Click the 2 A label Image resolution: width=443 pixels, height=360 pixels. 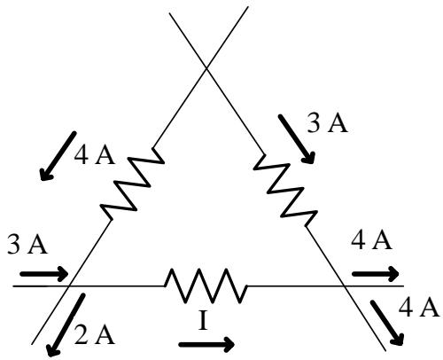pyautogui.click(x=94, y=334)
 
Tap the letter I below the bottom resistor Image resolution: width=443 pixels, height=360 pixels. pyautogui.click(x=203, y=321)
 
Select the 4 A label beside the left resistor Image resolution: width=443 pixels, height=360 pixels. pyautogui.click(x=94, y=155)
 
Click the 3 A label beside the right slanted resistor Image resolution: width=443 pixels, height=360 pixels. pyautogui.click(x=327, y=122)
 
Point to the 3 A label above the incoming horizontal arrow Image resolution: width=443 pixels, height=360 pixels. pyautogui.click(x=27, y=244)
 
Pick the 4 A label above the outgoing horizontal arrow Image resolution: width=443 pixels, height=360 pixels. pyautogui.click(x=371, y=240)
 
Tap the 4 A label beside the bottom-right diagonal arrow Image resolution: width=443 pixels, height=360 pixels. pyautogui.click(x=419, y=308)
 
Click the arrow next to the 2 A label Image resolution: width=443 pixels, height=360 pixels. pyautogui.click(x=66, y=325)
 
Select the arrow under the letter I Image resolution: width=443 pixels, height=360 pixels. pyautogui.click(x=206, y=344)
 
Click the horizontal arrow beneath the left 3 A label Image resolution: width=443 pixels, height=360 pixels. pyautogui.click(x=44, y=274)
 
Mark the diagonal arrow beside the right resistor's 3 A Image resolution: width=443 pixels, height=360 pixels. pyautogui.click(x=297, y=138)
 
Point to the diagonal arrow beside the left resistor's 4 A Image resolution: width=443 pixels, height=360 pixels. pyautogui.click(x=58, y=156)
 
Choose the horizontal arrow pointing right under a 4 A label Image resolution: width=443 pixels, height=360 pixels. pyautogui.click(x=376, y=274)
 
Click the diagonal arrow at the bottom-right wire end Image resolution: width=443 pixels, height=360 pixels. pyautogui.click(x=387, y=323)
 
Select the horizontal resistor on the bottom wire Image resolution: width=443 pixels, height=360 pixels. pyautogui.click(x=206, y=286)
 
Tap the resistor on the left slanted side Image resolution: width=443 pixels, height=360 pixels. pyautogui.click(x=132, y=184)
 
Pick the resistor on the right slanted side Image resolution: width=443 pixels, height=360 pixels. pyautogui.click(x=285, y=190)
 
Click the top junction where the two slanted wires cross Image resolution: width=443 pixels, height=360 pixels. pyautogui.click(x=206, y=68)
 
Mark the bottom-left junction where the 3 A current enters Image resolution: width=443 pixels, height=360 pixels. pyautogui.click(x=69, y=286)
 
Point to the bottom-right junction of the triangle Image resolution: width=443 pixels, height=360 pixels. pyautogui.click(x=344, y=286)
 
